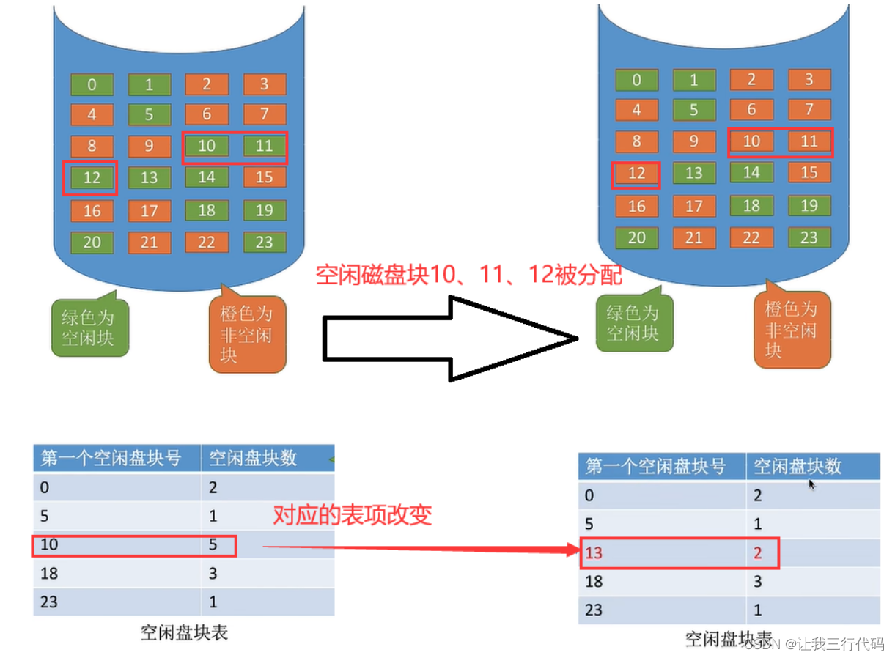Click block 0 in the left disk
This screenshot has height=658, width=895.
pos(92,84)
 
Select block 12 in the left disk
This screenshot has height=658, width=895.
pos(92,177)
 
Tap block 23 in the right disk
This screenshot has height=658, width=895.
pos(809,237)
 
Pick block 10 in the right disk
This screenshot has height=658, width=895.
pos(751,141)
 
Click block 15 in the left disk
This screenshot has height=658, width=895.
pos(264,177)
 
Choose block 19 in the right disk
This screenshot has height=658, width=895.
pos(809,205)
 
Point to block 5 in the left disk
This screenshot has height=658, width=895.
pos(149,114)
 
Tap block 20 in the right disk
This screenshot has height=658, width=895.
pos(636,237)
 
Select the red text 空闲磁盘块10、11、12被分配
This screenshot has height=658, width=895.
pos(468,275)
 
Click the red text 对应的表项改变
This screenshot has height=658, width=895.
pos(352,515)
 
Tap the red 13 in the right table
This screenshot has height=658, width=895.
pos(594,553)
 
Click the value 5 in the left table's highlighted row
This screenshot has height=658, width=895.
pos(213,545)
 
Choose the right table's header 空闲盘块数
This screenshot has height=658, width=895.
pos(798,466)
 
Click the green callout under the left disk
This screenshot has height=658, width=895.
pos(89,327)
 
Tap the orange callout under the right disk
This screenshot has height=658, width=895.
pos(792,330)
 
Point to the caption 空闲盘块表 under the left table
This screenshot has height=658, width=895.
pos(184,632)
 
